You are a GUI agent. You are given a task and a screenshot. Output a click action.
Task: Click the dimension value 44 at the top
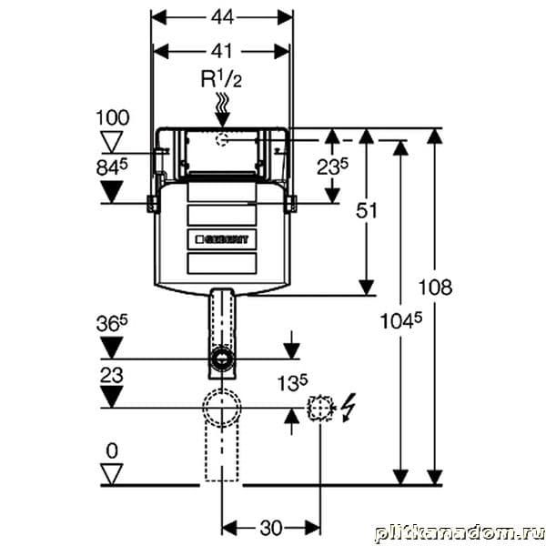[222, 15]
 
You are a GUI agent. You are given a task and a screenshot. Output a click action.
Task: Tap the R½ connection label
[221, 79]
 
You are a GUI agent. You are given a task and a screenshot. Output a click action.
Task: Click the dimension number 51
[367, 211]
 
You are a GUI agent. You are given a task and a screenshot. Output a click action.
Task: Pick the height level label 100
[113, 118]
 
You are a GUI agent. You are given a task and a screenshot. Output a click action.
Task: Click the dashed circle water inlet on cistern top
[222, 140]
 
